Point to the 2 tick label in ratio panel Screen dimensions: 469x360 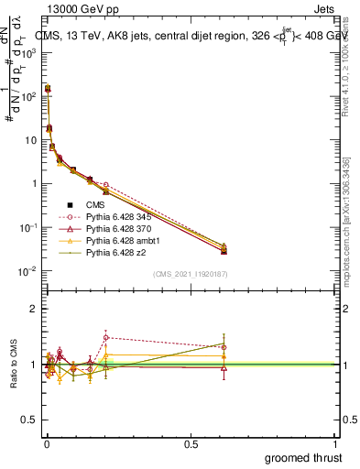tap(34, 309)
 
